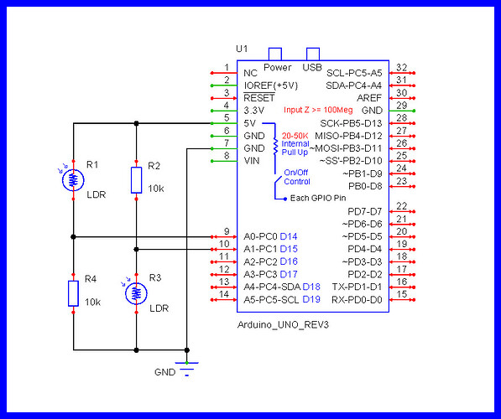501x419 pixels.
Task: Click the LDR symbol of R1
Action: point(74,179)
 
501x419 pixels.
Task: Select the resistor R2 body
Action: point(137,179)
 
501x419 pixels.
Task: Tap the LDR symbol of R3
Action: point(137,292)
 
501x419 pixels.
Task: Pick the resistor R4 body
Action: point(74,292)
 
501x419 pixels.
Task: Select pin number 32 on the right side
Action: point(401,68)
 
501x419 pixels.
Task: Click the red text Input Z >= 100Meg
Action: point(317,110)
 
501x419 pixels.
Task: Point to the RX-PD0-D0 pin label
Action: point(351,299)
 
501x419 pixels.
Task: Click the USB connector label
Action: point(311,66)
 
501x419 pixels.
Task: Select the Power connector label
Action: point(277,66)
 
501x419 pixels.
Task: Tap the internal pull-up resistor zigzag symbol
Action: point(274,143)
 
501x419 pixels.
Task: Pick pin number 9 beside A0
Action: point(227,231)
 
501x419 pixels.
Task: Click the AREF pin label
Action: point(370,97)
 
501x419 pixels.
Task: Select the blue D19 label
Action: point(311,299)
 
